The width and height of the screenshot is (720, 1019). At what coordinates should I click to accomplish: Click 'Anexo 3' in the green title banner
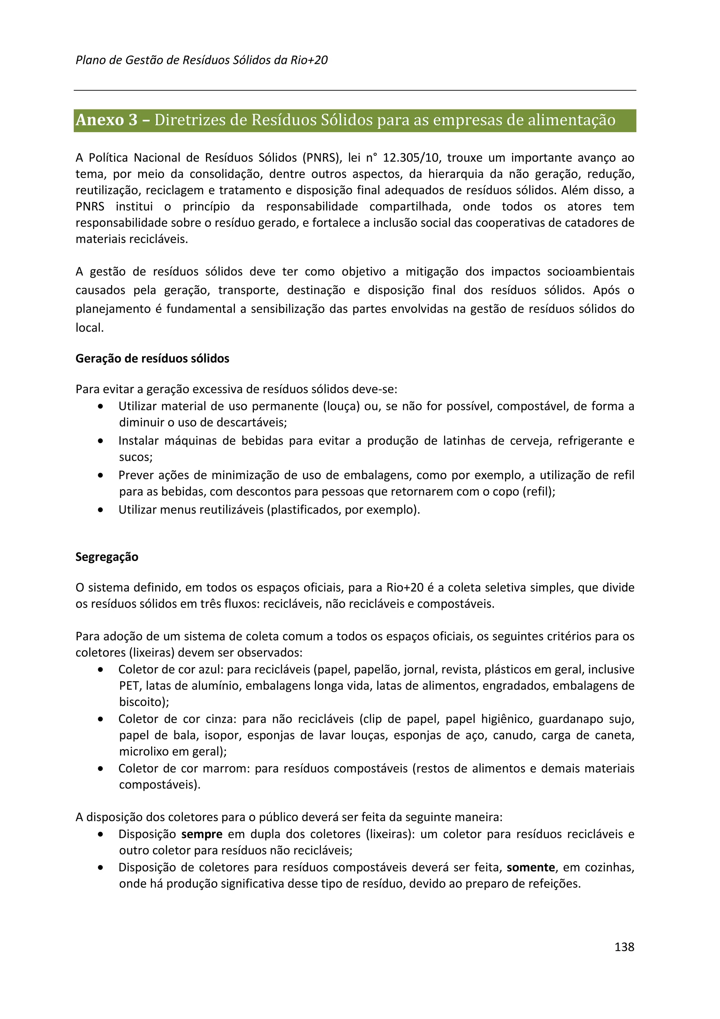[107, 120]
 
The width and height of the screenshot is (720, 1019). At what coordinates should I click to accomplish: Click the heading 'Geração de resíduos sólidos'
[152, 359]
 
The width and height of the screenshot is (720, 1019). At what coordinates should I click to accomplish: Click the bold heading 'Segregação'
[107, 557]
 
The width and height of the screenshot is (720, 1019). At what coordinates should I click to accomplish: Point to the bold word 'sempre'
[202, 834]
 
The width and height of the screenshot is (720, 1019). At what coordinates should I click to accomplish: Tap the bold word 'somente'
[531, 868]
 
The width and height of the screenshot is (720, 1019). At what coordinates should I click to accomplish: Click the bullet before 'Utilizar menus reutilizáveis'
[101, 510]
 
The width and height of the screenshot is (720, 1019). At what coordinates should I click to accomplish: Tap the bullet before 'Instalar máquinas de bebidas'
[101, 441]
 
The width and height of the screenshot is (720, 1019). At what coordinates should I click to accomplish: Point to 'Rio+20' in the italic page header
[309, 60]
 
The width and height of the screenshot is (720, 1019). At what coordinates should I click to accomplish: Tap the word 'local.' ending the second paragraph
[90, 328]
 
